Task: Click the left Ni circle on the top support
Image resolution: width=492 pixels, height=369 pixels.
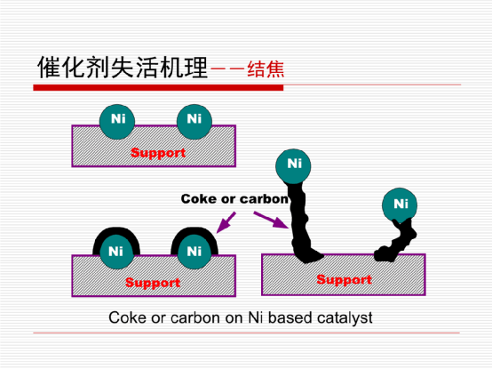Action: point(117,122)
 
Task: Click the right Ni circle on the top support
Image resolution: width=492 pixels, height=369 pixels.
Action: point(194,122)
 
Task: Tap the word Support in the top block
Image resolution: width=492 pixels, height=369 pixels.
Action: point(158,153)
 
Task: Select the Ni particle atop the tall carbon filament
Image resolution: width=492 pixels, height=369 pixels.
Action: point(293,166)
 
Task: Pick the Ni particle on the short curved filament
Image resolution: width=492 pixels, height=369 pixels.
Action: point(400,205)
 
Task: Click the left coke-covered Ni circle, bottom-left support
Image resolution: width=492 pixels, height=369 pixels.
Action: point(116,252)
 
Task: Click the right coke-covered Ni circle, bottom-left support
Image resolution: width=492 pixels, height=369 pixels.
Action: point(194,252)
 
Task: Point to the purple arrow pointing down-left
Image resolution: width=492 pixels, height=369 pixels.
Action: point(226,222)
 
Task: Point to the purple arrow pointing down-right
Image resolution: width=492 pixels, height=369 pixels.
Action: point(271,220)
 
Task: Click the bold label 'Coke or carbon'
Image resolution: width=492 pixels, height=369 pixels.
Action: point(234,199)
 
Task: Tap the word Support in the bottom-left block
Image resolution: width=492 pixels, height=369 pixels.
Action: point(153,283)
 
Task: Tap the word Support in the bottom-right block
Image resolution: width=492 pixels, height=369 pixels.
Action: point(345,279)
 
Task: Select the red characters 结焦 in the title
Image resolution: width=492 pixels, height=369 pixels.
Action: point(266,68)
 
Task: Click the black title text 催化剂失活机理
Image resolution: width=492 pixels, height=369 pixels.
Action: point(123,67)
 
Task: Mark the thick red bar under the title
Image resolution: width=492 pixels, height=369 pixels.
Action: point(158,88)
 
